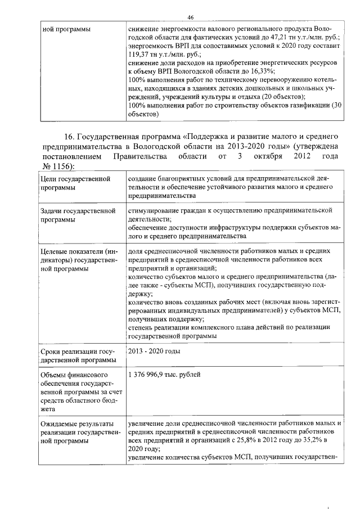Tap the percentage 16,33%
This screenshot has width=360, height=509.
click(262, 71)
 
